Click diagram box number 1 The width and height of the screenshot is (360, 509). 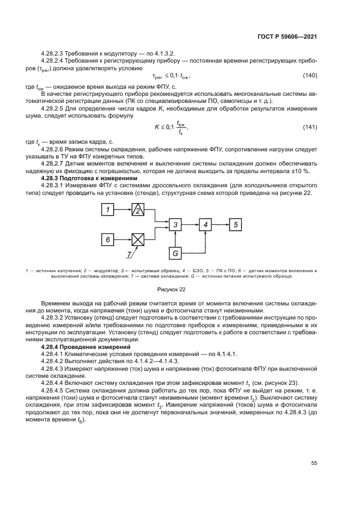click(108, 210)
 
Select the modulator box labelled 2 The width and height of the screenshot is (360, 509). click(138, 210)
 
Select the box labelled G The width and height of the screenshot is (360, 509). click(175, 253)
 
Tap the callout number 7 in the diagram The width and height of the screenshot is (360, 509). click(129, 254)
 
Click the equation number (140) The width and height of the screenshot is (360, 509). click(310, 75)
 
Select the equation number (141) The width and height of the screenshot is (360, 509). click(310, 127)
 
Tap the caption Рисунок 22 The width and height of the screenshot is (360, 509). click(172, 290)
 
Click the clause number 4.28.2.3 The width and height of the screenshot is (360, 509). click(53, 54)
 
